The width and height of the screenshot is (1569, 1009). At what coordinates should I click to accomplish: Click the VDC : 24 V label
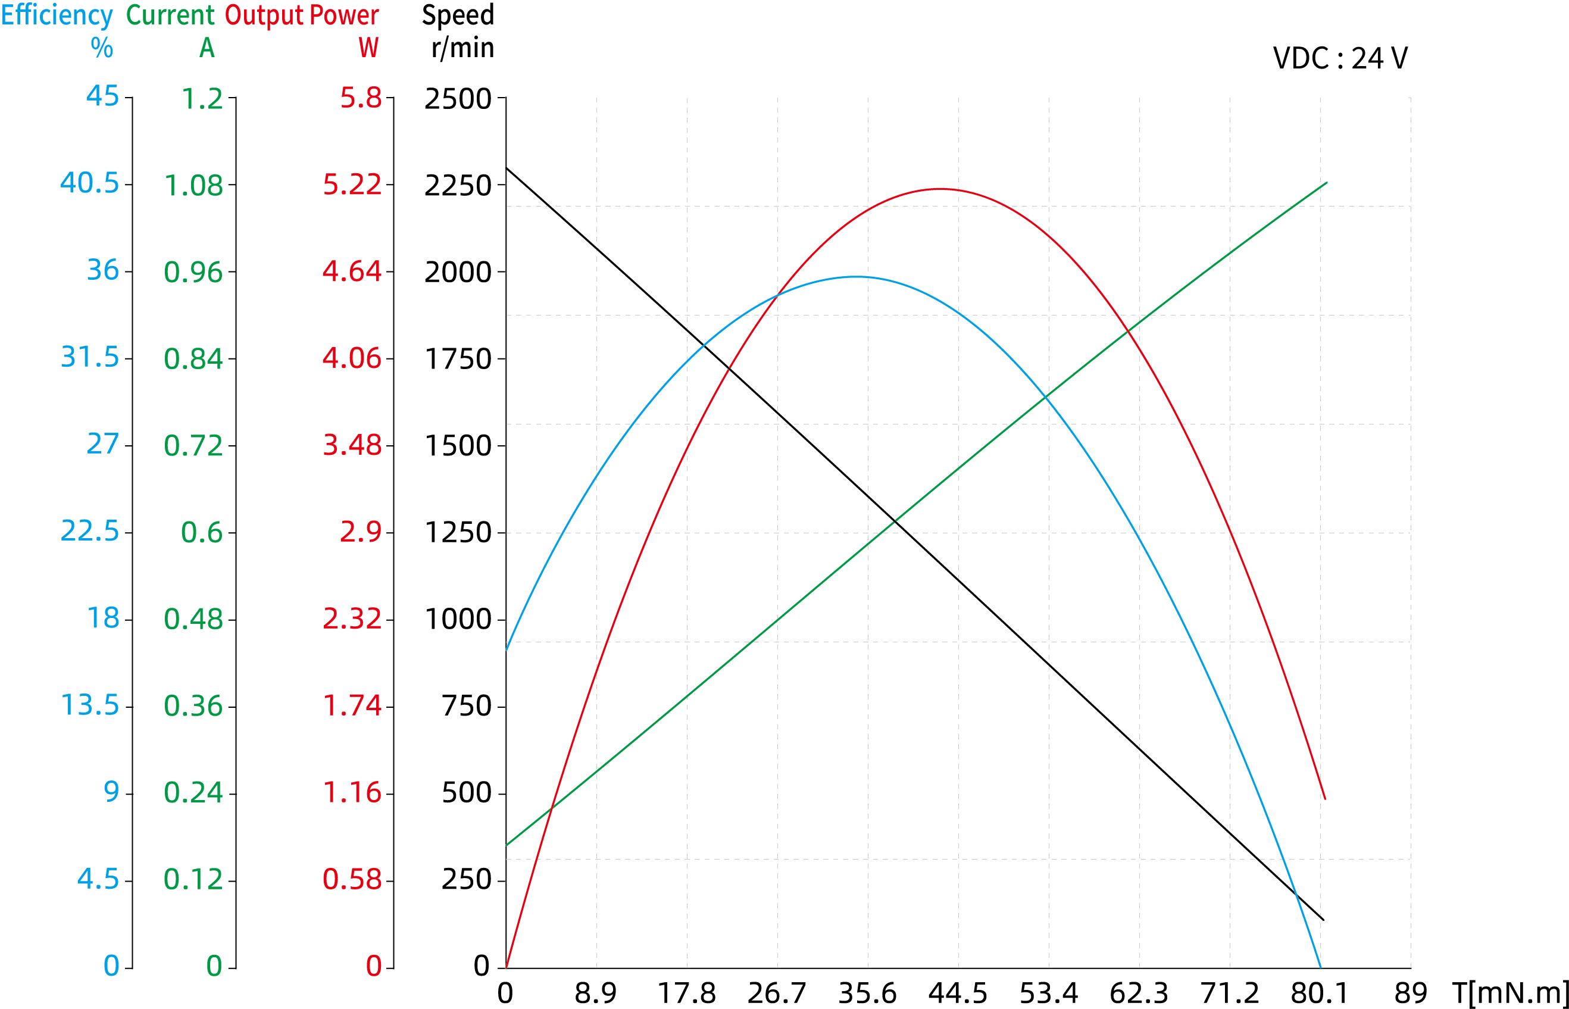coord(1340,58)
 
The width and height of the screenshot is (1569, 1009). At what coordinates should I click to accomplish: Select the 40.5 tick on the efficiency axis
coord(90,183)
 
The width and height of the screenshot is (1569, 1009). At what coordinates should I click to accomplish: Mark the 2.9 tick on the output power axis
coord(360,532)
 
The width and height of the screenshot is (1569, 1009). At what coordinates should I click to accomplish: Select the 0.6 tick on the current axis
coord(202,533)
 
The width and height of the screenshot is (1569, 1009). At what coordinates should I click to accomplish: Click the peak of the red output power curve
coord(940,189)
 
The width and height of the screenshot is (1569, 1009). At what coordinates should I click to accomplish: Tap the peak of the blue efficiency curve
coord(857,276)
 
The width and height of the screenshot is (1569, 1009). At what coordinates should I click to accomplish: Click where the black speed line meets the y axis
coord(507,168)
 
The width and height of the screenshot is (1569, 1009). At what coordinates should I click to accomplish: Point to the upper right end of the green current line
coord(1327,183)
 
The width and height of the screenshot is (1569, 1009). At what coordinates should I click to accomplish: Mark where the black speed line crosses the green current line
coord(896,521)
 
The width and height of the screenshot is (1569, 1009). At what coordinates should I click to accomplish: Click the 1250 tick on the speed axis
coord(458,533)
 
